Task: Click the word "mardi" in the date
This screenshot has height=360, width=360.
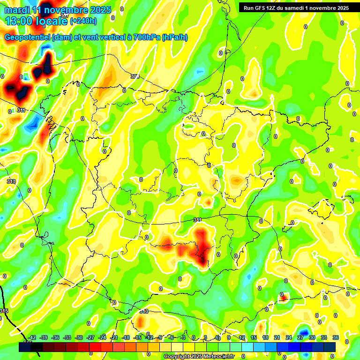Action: tap(17, 10)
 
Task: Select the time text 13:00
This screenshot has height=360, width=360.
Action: tap(19, 21)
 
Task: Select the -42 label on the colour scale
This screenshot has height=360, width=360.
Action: tap(32, 338)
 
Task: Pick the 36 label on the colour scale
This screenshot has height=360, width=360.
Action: tap(336, 338)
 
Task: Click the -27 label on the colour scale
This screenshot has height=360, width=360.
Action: tap(90, 338)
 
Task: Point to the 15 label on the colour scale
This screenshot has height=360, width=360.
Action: tap(254, 338)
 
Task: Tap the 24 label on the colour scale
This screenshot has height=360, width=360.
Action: tap(289, 338)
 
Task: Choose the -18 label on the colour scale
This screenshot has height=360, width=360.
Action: tap(126, 338)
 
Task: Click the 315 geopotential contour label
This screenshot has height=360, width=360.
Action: tap(4, 311)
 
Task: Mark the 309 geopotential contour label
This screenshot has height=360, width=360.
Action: tap(135, 76)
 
